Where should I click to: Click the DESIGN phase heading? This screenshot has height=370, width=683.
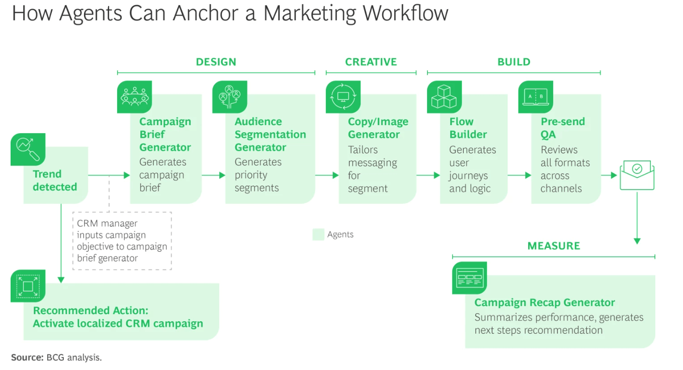tap(216, 62)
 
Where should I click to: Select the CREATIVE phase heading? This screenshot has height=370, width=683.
tap(371, 62)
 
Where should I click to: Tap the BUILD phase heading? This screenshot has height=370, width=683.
tap(514, 62)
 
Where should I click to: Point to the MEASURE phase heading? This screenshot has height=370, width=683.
tap(553, 246)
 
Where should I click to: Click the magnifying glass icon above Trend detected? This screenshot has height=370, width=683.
tap(28, 149)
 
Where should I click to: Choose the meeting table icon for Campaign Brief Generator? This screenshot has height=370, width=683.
tap(134, 97)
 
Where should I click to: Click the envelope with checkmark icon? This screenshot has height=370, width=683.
tap(637, 175)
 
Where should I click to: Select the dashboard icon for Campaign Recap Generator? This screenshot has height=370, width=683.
tap(469, 278)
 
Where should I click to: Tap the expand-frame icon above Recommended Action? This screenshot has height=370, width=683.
tap(28, 286)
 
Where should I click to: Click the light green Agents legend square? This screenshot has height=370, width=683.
tap(318, 235)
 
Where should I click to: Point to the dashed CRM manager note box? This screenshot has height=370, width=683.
tap(122, 241)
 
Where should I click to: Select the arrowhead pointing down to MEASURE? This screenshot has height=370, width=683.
tap(637, 241)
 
